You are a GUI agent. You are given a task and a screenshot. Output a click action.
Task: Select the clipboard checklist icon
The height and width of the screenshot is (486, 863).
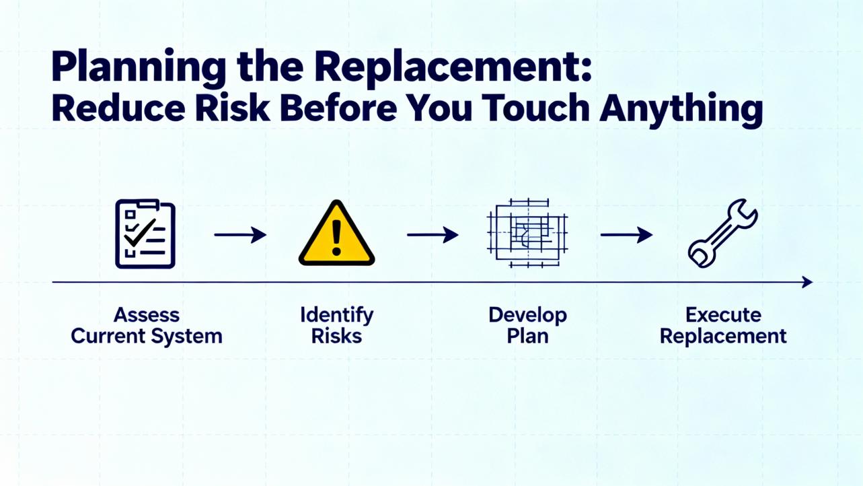coord(145,234)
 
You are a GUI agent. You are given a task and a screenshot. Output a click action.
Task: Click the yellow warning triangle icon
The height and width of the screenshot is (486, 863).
coord(336,233)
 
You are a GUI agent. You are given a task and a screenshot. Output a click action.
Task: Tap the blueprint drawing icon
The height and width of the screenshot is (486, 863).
coord(527,233)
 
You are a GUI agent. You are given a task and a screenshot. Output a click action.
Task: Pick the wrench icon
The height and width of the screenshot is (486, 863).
coord(723,233)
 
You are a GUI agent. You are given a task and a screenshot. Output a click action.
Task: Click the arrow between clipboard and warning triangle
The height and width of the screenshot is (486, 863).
coord(240,235)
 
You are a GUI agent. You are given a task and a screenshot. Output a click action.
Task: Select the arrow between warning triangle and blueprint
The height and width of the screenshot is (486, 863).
coord(433,235)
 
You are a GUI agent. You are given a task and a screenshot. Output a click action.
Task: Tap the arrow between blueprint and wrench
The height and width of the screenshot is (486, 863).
coord(626,235)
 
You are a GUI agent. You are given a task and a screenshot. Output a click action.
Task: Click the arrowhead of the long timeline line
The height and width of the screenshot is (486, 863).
coord(808,282)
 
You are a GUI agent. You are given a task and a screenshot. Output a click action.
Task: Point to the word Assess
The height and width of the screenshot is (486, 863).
coord(147,315)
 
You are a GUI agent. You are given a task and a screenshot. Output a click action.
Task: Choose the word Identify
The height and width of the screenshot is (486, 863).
coord(337,316)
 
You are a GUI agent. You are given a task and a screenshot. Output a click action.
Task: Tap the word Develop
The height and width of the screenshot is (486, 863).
coord(527,316)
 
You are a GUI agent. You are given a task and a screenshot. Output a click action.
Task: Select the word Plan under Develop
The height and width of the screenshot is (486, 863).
coord(527,336)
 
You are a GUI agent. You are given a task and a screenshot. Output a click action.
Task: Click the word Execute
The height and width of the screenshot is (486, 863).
coord(723,315)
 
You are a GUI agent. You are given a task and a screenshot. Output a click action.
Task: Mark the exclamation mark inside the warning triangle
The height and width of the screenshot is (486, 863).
coord(336,238)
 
